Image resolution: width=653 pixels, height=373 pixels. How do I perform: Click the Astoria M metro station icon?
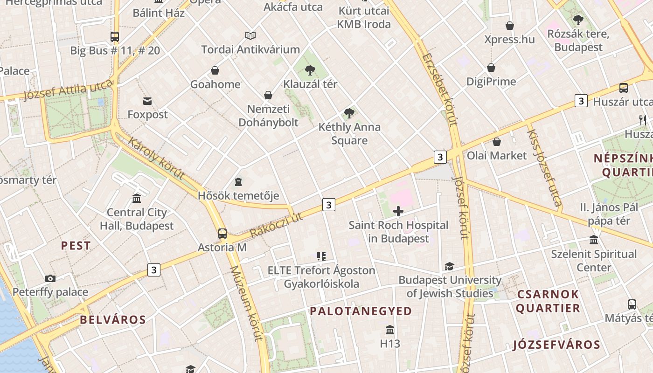[x=222, y=233]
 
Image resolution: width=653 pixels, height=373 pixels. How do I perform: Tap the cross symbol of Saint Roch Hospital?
[x=398, y=211]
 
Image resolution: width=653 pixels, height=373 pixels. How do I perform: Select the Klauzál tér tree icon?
[x=310, y=70]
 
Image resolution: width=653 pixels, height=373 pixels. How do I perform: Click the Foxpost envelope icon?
[x=147, y=101]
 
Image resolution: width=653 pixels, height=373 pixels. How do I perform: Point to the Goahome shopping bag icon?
[x=215, y=70]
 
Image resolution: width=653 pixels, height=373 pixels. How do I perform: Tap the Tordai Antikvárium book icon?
[x=250, y=35]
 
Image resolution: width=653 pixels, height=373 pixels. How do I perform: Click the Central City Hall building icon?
[x=137, y=199]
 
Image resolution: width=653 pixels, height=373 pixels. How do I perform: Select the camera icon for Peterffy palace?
[x=50, y=278]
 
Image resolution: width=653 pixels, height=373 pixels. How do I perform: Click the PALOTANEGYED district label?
[x=361, y=311]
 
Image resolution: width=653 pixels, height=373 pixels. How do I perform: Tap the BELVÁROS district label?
[x=113, y=319]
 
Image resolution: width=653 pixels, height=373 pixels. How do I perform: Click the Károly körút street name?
[x=156, y=159]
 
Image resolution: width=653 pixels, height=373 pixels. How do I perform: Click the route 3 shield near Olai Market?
[x=440, y=157]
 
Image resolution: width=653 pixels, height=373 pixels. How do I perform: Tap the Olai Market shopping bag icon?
[x=497, y=142]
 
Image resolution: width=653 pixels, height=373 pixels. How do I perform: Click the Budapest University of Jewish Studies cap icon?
[x=449, y=266]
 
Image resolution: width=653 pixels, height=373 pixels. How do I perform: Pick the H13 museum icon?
[x=390, y=330]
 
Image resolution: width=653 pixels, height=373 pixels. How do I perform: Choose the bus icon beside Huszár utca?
[x=623, y=88]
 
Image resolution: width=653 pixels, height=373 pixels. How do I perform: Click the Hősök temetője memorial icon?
[x=238, y=181]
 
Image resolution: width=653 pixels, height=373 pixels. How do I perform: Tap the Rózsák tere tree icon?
[x=578, y=20]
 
